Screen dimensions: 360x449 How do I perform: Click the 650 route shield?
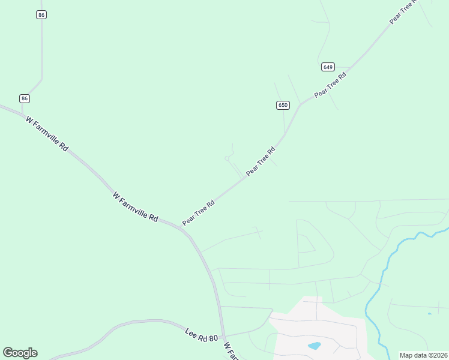pos(283,105)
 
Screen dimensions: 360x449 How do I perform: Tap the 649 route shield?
pos(328,67)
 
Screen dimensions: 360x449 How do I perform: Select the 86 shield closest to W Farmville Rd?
pos(24,98)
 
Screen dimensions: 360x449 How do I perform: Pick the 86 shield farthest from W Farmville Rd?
pos(41,14)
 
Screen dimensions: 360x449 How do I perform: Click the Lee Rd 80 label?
pos(202,335)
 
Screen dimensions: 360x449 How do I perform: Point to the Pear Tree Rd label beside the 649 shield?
pos(331,85)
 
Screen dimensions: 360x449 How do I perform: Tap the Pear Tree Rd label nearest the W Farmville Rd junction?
pos(199,212)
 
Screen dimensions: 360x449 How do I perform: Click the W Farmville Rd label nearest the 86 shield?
pos(47,133)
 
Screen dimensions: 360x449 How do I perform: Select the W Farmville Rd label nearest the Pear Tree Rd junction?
pos(135,207)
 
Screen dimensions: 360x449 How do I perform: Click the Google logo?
pos(20,353)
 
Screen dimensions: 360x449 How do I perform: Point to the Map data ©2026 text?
pos(423,355)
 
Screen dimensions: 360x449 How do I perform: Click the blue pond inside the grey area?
pos(314,346)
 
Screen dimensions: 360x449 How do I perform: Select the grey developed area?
pos(318,330)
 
